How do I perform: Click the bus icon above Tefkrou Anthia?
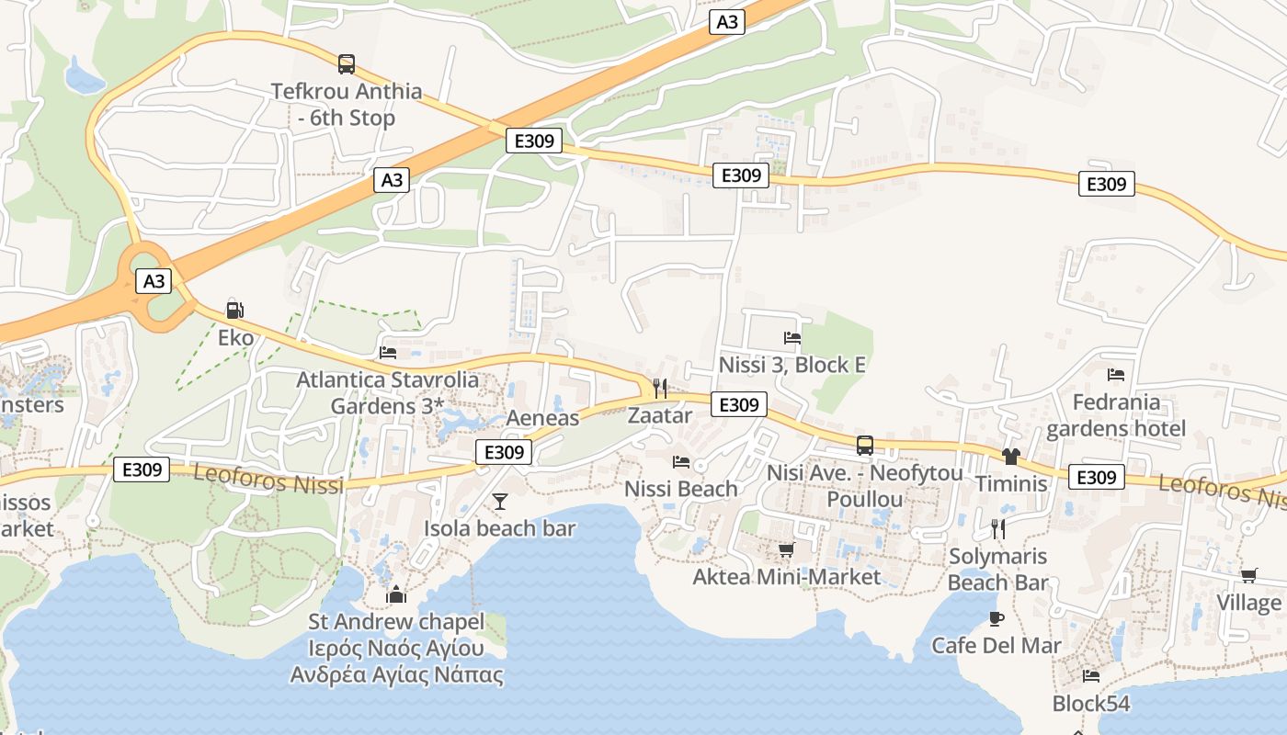pyautogui.click(x=347, y=63)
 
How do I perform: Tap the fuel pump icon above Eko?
pyautogui.click(x=235, y=311)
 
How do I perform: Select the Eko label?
pyautogui.click(x=235, y=337)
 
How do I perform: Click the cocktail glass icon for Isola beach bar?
pyautogui.click(x=500, y=501)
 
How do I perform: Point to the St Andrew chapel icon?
pyautogui.click(x=396, y=594)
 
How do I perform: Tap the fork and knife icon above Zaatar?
pyautogui.click(x=659, y=388)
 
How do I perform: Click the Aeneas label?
pyautogui.click(x=543, y=418)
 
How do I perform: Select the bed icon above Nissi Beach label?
pyautogui.click(x=681, y=461)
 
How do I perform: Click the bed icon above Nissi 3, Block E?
pyautogui.click(x=792, y=338)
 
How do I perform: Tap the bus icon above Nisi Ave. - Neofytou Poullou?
pyautogui.click(x=865, y=446)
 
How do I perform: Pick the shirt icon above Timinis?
pyautogui.click(x=1011, y=456)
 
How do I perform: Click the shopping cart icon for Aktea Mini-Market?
pyautogui.click(x=786, y=549)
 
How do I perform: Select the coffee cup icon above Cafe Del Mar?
pyautogui.click(x=997, y=618)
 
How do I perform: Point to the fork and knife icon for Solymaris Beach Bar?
pyautogui.click(x=998, y=528)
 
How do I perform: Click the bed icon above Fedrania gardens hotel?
pyautogui.click(x=1116, y=375)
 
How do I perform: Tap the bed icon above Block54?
pyautogui.click(x=1091, y=676)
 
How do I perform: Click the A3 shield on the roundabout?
pyautogui.click(x=154, y=280)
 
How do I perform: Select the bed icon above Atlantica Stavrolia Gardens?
pyautogui.click(x=388, y=352)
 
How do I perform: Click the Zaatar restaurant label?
pyautogui.click(x=659, y=415)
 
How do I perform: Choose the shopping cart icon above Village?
pyautogui.click(x=1248, y=575)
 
